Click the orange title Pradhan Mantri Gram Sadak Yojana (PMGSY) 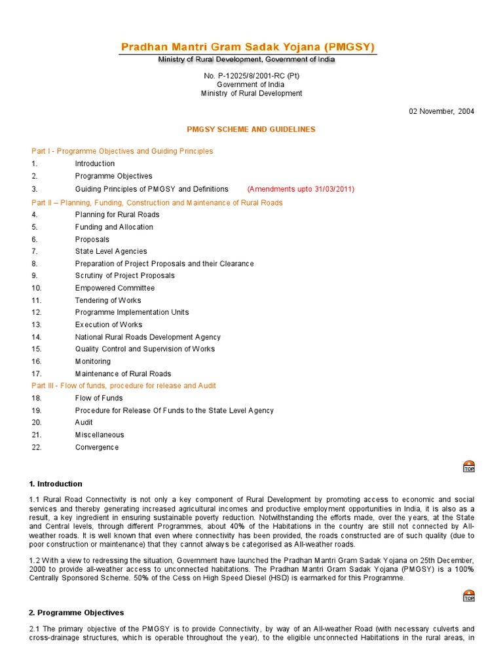(x=248, y=46)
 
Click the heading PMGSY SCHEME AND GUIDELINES (x=251, y=130)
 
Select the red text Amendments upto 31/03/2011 (x=301, y=189)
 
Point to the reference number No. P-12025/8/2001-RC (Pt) (x=251, y=76)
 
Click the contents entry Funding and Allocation (x=114, y=227)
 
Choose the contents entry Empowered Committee (x=115, y=288)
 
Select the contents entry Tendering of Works (x=108, y=300)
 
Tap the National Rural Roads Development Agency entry (x=147, y=337)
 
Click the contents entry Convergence (x=97, y=448)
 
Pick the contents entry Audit (x=84, y=423)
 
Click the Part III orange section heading (x=124, y=386)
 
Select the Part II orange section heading (x=157, y=203)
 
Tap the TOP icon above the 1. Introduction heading (x=469, y=466)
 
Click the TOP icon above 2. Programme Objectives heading (x=469, y=595)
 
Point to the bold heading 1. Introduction (x=56, y=484)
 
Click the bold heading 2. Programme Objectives (x=77, y=613)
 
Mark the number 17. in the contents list (x=37, y=374)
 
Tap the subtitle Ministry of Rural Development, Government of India (x=247, y=60)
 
